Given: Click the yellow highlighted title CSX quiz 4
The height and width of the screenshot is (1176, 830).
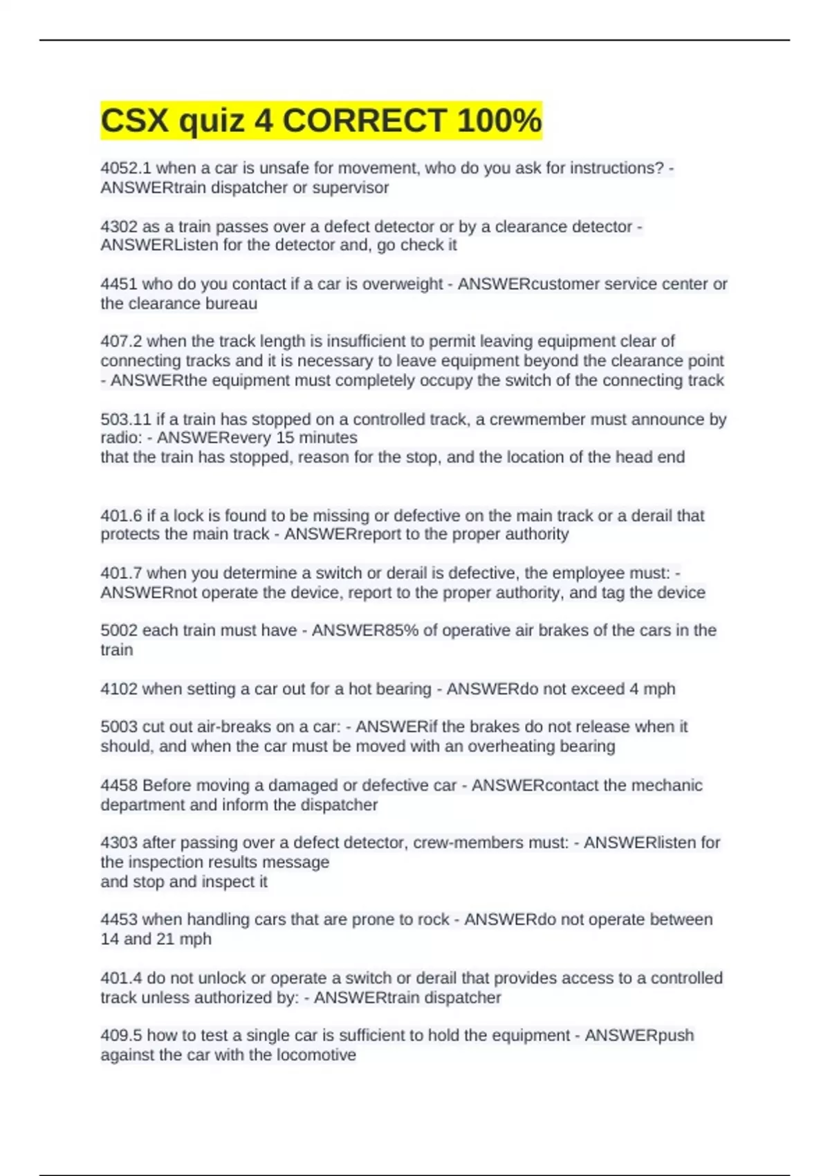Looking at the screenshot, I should point(321,120).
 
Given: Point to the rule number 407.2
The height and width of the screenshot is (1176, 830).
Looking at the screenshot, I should point(121,341).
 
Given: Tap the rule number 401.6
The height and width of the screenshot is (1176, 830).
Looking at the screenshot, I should point(121,515).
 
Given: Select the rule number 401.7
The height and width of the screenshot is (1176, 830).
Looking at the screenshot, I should point(121,573).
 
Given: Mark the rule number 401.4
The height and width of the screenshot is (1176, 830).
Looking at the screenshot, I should point(121,978).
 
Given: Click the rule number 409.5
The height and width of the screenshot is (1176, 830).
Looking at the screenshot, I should point(121,1036).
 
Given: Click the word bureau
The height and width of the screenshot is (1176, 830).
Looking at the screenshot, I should point(234,304).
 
